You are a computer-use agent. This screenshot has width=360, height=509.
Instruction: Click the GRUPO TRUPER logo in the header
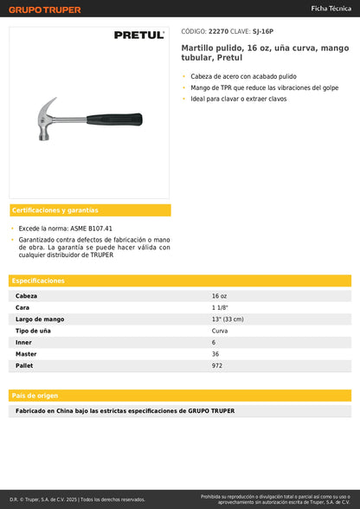[45, 10]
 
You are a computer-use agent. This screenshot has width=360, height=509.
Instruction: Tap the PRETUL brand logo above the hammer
[139, 35]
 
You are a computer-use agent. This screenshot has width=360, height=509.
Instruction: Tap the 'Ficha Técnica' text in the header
[331, 8]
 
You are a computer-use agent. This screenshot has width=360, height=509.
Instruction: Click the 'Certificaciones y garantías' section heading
[55, 210]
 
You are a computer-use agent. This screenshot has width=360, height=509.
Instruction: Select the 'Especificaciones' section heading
[39, 280]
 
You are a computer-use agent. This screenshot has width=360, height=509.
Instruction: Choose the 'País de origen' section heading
[35, 395]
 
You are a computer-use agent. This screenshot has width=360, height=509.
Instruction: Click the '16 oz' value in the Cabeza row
[219, 296]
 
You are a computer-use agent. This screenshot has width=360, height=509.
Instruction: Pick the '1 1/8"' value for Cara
[220, 307]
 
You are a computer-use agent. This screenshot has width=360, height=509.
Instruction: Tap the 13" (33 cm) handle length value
[228, 319]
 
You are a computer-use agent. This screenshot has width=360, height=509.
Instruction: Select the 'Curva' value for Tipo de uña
[220, 331]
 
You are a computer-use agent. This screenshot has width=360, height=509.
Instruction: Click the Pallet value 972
[217, 365]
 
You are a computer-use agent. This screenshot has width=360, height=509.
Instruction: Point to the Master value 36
[215, 354]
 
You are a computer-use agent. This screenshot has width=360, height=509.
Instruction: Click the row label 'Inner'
[23, 343]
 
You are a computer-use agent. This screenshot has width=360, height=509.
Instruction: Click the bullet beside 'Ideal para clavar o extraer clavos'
[183, 100]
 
